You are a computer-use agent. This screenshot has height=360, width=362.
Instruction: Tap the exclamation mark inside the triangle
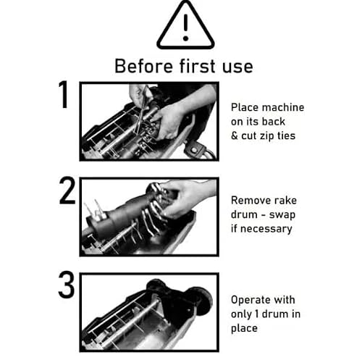point(185,28)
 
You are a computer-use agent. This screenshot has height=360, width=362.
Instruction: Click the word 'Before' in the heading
point(143,66)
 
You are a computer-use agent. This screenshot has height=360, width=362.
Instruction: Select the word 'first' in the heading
point(197,66)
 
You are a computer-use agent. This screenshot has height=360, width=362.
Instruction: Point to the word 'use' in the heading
point(237,67)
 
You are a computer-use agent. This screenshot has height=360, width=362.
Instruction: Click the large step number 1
point(64,94)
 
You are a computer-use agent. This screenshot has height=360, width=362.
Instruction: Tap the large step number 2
point(67,191)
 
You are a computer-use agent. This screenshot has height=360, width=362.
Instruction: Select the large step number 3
point(66,285)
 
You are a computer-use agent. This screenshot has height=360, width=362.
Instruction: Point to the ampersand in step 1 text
point(235,135)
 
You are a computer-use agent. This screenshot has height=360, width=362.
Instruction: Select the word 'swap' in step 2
point(282,215)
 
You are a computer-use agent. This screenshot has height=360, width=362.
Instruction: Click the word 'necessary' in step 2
point(266,229)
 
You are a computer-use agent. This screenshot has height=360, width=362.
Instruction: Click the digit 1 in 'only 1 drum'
point(257,314)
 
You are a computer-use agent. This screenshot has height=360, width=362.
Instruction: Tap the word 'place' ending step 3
point(244,329)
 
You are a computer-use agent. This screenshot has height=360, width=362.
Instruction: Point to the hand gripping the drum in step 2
point(187,198)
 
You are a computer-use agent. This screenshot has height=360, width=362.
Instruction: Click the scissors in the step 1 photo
point(143,111)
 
